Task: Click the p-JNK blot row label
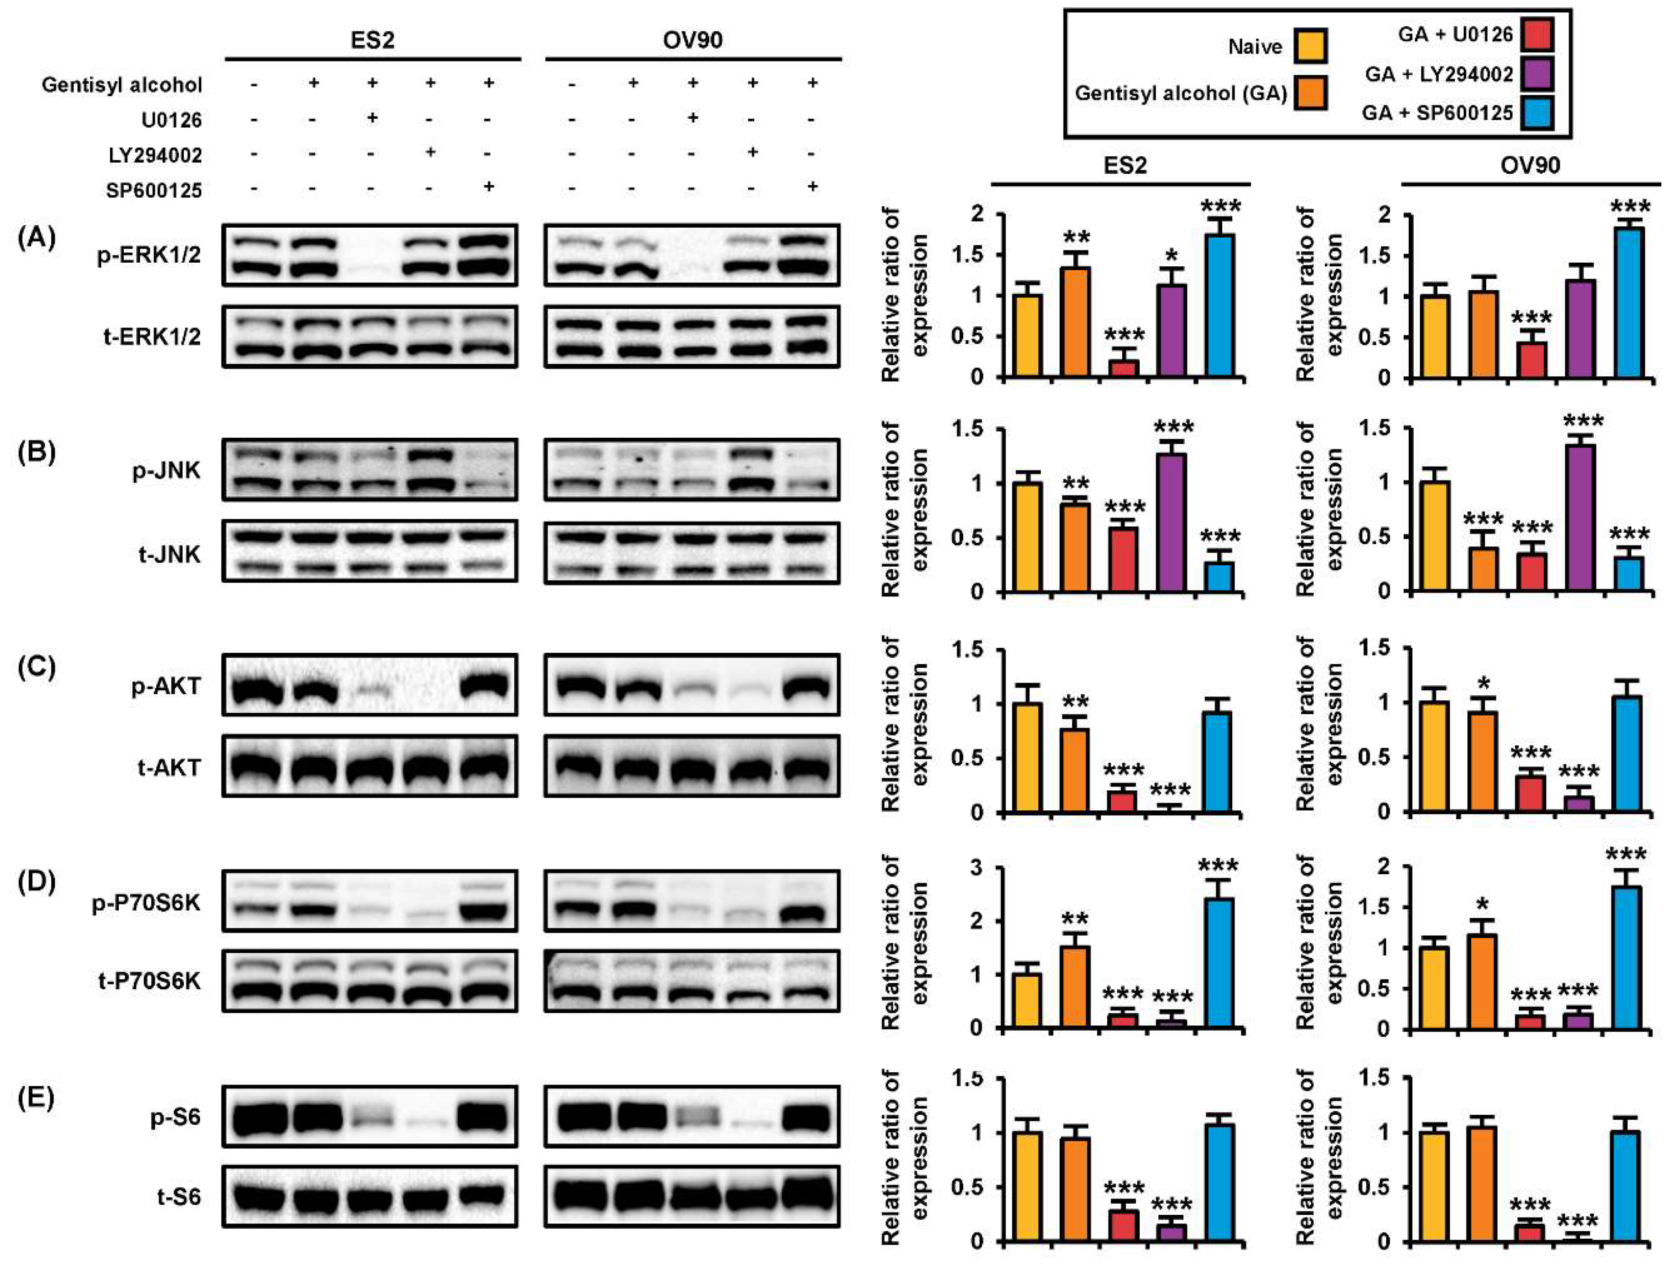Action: [x=166, y=471]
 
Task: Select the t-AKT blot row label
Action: [x=169, y=768]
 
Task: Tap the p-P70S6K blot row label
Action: [x=147, y=904]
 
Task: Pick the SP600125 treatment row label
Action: [x=154, y=190]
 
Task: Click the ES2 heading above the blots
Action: [x=372, y=39]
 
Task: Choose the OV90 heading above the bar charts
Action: [x=1531, y=165]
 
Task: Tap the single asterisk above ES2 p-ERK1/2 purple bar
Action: [x=1172, y=254]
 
